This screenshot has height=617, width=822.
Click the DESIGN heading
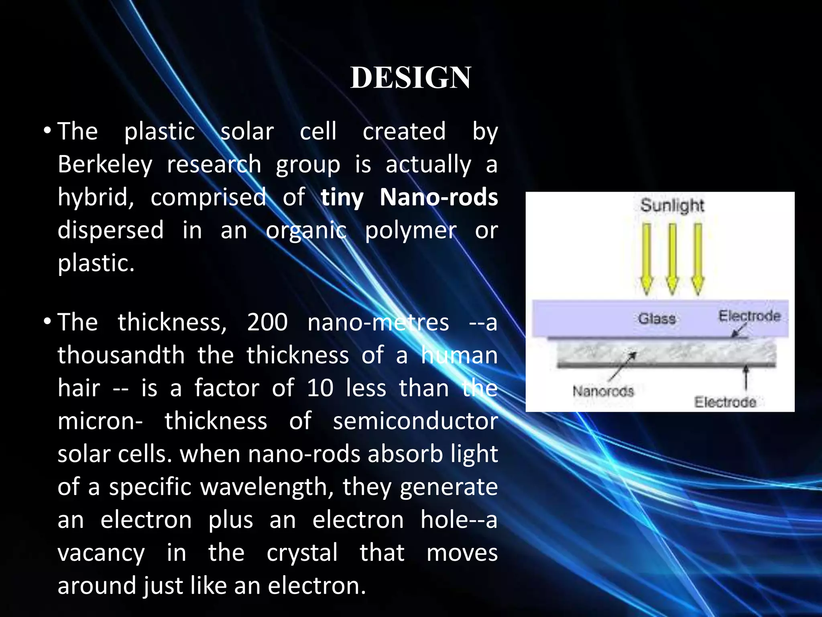tap(411, 78)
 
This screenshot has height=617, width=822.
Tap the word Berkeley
tap(105, 165)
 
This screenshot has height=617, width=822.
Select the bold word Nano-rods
tap(439, 197)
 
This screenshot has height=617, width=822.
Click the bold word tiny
tap(342, 198)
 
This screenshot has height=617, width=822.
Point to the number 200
tap(267, 322)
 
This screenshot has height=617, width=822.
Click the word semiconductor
tap(415, 421)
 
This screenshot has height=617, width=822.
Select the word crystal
tap(302, 553)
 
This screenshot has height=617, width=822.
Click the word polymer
tap(410, 231)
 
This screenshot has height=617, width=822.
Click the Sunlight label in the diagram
tap(672, 205)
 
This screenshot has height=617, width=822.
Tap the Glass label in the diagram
tap(657, 319)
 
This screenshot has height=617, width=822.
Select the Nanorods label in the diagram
tap(603, 391)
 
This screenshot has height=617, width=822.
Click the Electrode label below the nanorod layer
tap(725, 402)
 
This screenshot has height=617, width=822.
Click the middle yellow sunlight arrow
tap(672, 259)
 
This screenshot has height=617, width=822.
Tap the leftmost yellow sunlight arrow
tap(646, 259)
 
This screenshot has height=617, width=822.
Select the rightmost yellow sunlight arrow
tap(698, 259)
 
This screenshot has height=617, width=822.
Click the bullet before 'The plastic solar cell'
tap(48, 131)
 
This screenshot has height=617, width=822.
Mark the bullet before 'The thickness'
tap(48, 322)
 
